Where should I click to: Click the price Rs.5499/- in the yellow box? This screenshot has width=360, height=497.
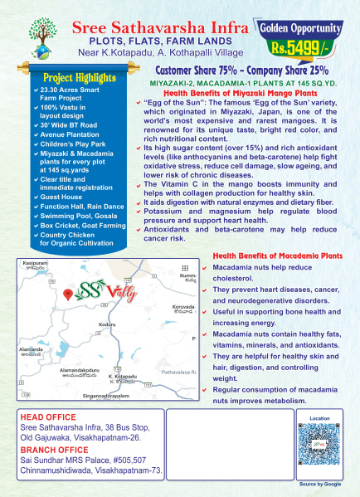coord(305,49)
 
